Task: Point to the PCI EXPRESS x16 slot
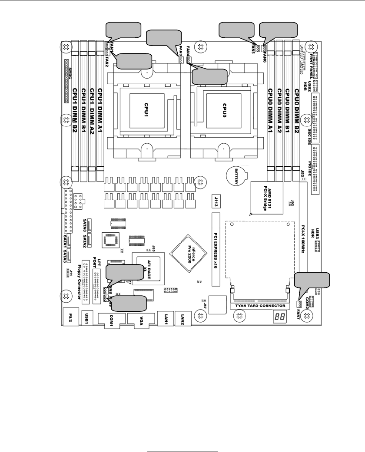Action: (x=214, y=249)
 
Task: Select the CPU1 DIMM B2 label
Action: (x=75, y=111)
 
